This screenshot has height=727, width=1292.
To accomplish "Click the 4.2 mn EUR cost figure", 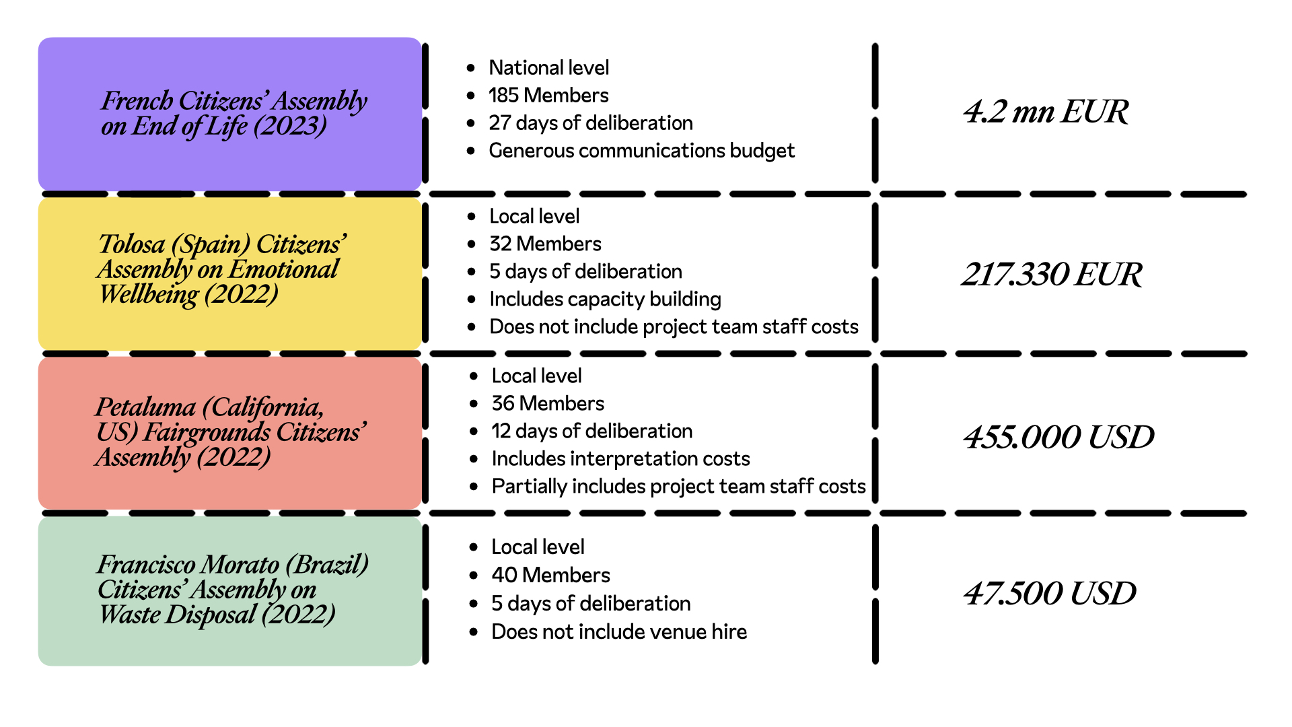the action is point(1046,112).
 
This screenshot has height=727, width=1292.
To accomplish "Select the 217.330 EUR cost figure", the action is point(1052,275).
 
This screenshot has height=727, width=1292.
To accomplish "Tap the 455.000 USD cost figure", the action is point(1058,438).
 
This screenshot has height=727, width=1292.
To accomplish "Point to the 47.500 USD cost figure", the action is point(1050,594).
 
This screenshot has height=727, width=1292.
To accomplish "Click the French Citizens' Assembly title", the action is point(234,113).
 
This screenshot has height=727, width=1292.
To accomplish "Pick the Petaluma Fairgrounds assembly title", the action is point(231,432).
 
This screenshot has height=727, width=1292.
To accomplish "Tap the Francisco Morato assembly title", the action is point(233,590).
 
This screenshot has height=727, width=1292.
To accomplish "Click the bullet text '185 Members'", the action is point(548,96).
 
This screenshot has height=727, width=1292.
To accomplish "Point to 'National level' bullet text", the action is point(548,68).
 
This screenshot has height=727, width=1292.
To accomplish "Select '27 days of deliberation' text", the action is point(591,123).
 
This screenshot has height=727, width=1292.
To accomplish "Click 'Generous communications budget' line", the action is point(642,151).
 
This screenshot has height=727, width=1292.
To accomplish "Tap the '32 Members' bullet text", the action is point(545,244).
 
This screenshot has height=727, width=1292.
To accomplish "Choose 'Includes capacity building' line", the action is point(605,299).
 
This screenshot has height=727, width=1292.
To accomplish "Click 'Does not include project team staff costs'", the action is point(674,326).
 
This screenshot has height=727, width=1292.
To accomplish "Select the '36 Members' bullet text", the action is point(548,403).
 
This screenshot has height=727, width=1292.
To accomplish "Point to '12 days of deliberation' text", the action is point(591,431).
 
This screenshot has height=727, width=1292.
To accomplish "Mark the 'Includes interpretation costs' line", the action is point(620,458).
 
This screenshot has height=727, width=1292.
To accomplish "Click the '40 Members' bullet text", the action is point(550,575).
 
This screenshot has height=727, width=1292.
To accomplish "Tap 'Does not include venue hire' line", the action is point(619,631).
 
